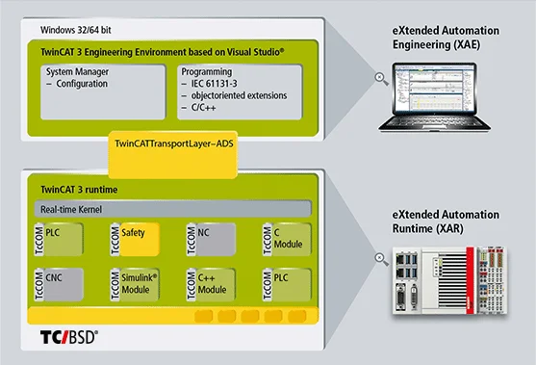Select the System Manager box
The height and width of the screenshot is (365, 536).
pos(103,91)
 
